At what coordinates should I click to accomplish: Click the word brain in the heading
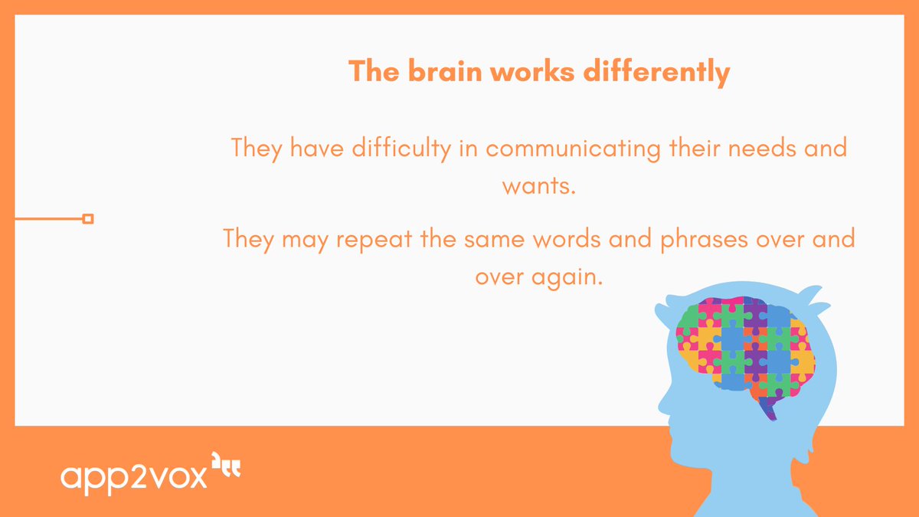pyautogui.click(x=440, y=72)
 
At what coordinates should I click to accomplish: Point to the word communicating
pyautogui.click(x=572, y=147)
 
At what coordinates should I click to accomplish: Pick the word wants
pyautogui.click(x=538, y=185)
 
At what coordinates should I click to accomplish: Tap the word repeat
pyautogui.click(x=374, y=238)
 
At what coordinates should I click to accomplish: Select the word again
pyautogui.click(x=567, y=276)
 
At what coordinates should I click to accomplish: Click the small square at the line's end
pyautogui.click(x=88, y=219)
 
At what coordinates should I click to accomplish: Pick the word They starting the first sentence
pyautogui.click(x=257, y=147)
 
